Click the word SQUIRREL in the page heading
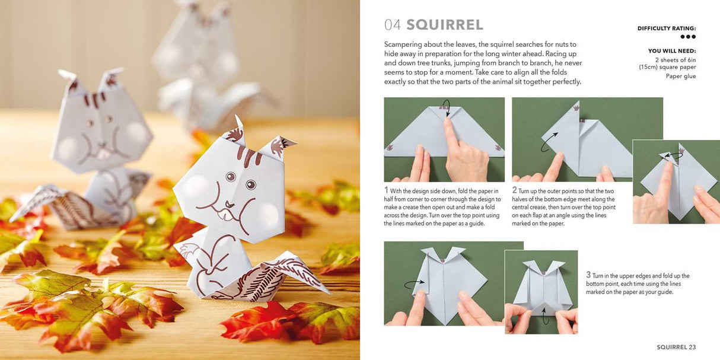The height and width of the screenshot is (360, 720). click(x=445, y=25)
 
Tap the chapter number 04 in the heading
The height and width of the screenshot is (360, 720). click(x=393, y=25)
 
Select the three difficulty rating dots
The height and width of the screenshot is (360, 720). click(x=688, y=37)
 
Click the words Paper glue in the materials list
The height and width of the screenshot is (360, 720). click(x=681, y=76)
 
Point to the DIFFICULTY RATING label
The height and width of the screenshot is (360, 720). click(x=667, y=28)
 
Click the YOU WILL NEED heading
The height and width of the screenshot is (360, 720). click(x=672, y=51)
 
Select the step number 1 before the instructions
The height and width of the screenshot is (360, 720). click(x=386, y=190)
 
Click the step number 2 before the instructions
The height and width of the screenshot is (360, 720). click(x=514, y=190)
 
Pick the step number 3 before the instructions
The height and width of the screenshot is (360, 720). click(x=588, y=275)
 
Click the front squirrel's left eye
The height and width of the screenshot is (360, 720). click(x=230, y=176)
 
